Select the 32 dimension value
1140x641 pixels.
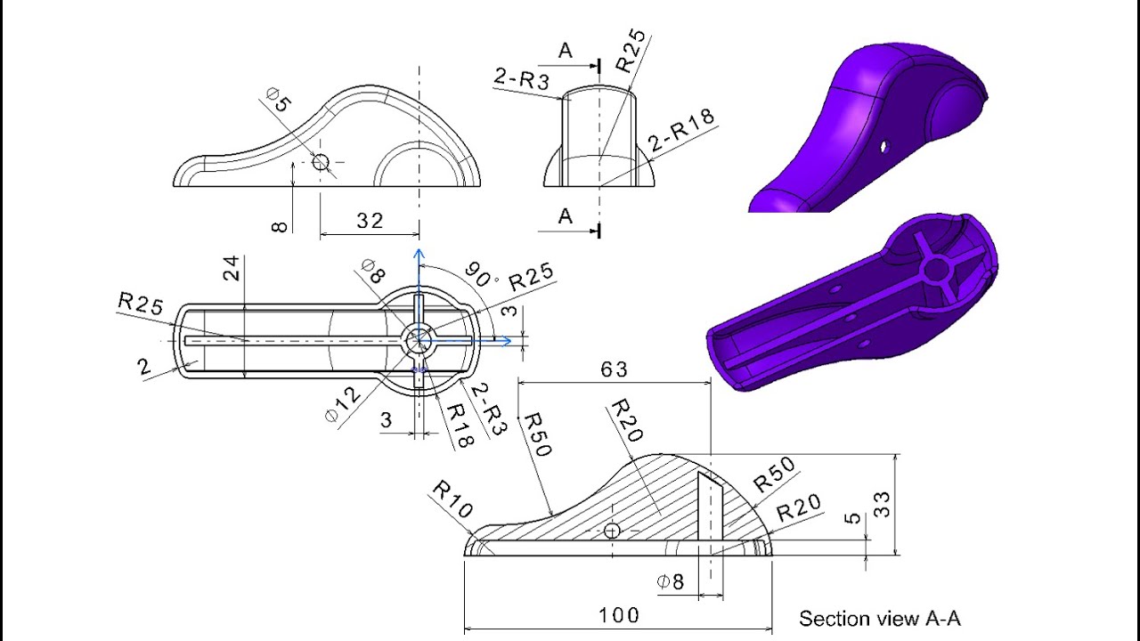click(370, 221)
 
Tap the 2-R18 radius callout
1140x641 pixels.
click(682, 134)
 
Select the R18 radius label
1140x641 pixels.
click(458, 425)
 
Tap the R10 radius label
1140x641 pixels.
click(452, 501)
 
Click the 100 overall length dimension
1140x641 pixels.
click(619, 615)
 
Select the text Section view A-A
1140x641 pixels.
click(879, 619)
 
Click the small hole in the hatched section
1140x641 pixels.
click(612, 531)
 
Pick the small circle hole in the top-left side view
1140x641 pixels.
click(321, 161)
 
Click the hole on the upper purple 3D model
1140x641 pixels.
click(885, 144)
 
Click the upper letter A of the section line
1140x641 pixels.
click(566, 52)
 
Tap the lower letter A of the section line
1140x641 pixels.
click(566, 216)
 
